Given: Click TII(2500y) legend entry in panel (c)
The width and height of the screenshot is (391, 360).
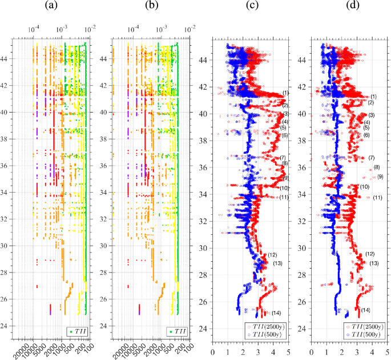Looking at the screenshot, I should click(x=268, y=326).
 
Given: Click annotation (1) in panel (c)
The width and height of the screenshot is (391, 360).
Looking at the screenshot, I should click(x=285, y=93).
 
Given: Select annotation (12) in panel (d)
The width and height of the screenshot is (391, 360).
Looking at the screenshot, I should click(x=370, y=254).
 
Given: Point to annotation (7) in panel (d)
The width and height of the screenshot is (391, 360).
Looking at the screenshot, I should click(x=371, y=158).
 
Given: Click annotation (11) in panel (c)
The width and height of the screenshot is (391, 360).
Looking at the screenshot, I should click(x=284, y=197).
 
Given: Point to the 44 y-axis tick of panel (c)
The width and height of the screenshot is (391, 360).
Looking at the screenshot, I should click(x=205, y=59).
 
